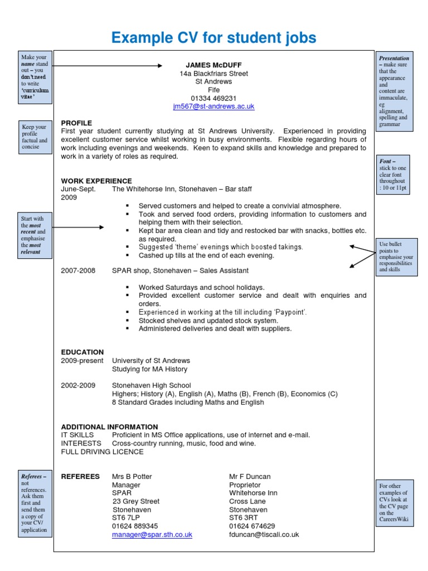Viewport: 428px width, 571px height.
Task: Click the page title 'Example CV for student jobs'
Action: click(x=214, y=38)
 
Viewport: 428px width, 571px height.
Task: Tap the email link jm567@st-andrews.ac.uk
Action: click(x=213, y=106)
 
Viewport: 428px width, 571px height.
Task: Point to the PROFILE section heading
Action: click(x=76, y=123)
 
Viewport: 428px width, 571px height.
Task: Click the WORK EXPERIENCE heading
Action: click(x=96, y=181)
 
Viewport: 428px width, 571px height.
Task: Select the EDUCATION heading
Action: click(x=82, y=352)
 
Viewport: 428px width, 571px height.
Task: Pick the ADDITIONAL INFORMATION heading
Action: click(x=109, y=427)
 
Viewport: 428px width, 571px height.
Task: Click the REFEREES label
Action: click(x=80, y=477)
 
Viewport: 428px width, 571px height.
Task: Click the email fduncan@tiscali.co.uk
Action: click(x=264, y=534)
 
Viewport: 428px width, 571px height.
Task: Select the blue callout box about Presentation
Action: click(x=394, y=92)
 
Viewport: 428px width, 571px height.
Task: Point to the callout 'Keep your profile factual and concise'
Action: click(x=34, y=137)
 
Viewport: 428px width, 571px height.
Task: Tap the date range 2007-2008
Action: click(x=78, y=270)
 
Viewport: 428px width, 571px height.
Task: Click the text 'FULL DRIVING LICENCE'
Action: click(x=102, y=452)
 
